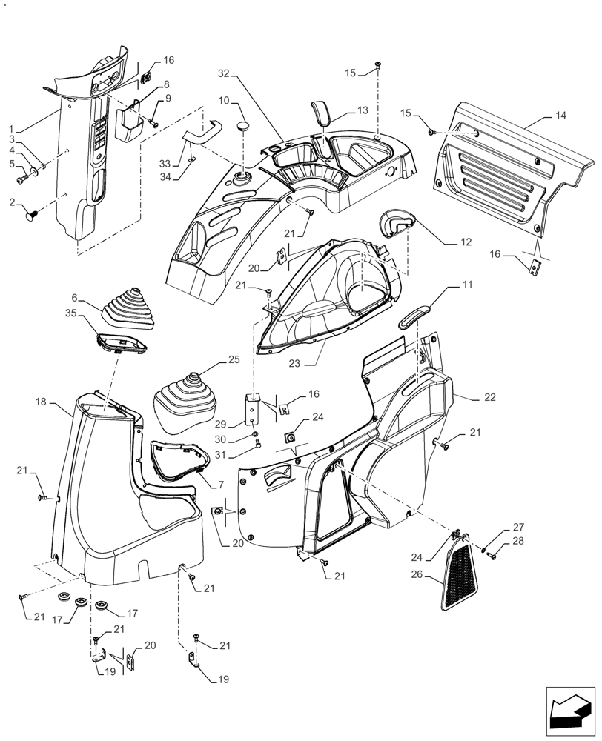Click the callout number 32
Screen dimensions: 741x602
225,73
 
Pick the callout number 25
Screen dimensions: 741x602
234,359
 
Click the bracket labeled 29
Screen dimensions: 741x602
254,410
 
